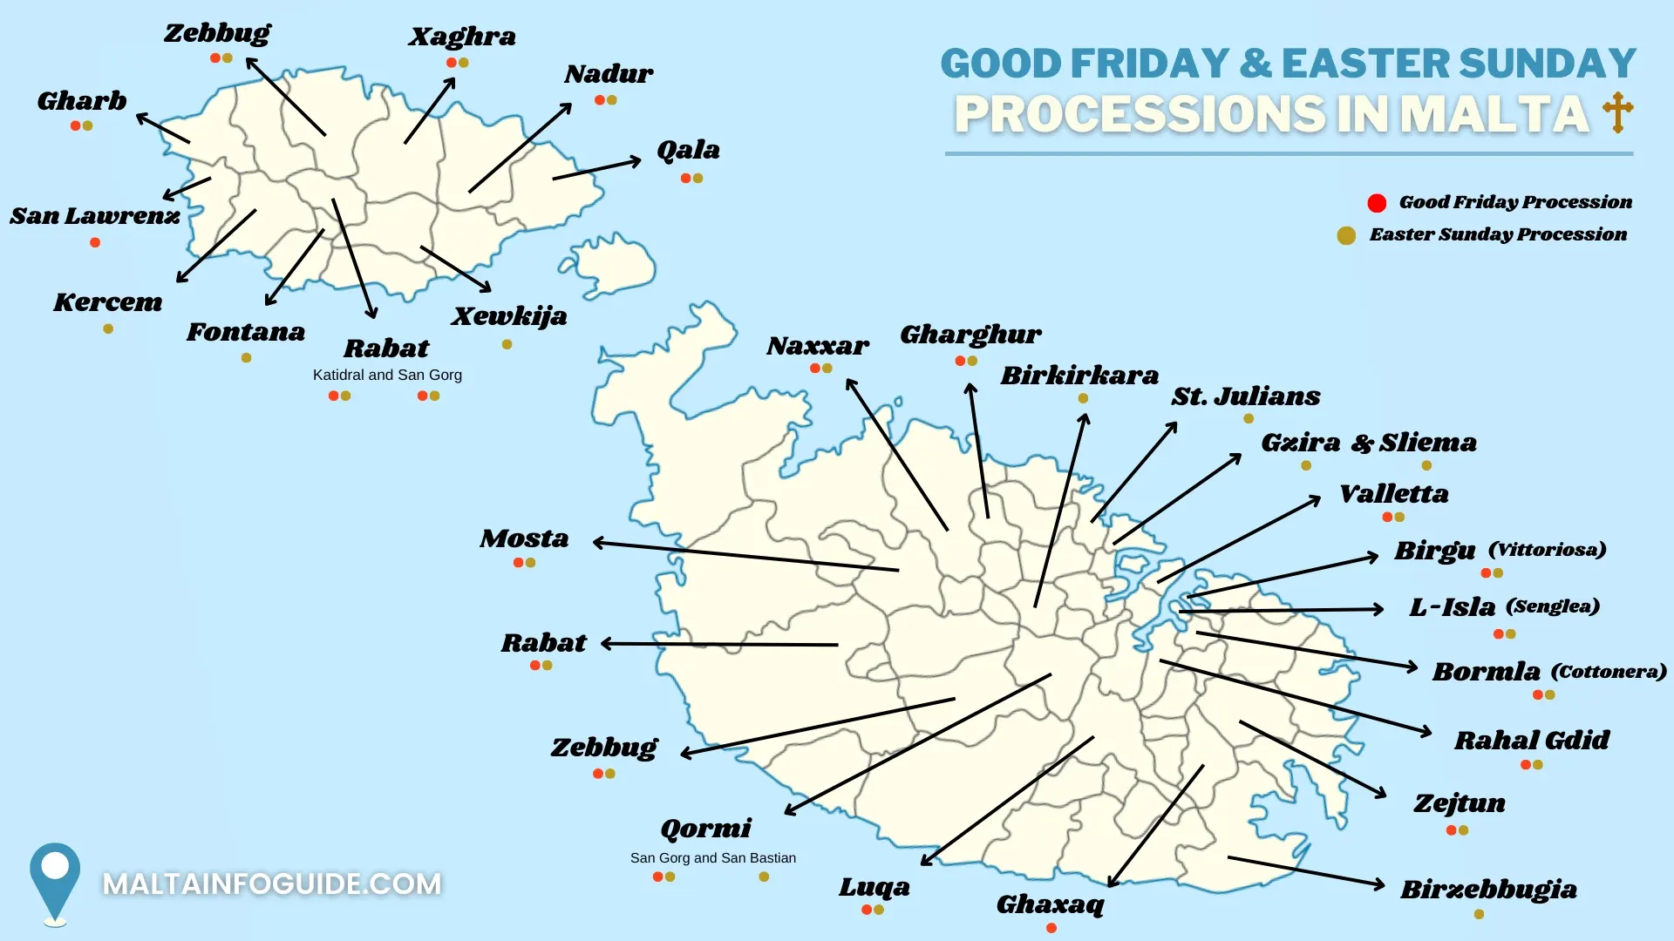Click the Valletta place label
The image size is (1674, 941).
(x=1393, y=494)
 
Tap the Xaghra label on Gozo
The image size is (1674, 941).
(x=462, y=37)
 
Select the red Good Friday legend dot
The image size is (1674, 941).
(x=1377, y=203)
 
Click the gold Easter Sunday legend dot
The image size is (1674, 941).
(x=1346, y=235)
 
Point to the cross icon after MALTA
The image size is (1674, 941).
(x=1617, y=112)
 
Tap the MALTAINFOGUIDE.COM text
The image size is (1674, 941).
(x=272, y=884)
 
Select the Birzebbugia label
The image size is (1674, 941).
(x=1488, y=890)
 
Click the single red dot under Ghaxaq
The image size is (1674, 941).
(x=1051, y=928)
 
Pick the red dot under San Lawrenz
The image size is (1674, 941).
(x=95, y=242)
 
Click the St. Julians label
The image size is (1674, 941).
(x=1245, y=396)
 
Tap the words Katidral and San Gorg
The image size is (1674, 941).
(x=387, y=375)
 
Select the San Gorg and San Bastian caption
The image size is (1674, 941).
(x=712, y=858)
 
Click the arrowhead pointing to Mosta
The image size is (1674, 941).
(x=599, y=543)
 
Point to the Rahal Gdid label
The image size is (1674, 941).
(x=1531, y=741)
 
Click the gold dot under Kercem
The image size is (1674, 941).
(x=108, y=328)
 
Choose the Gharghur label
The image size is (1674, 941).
(x=970, y=335)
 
